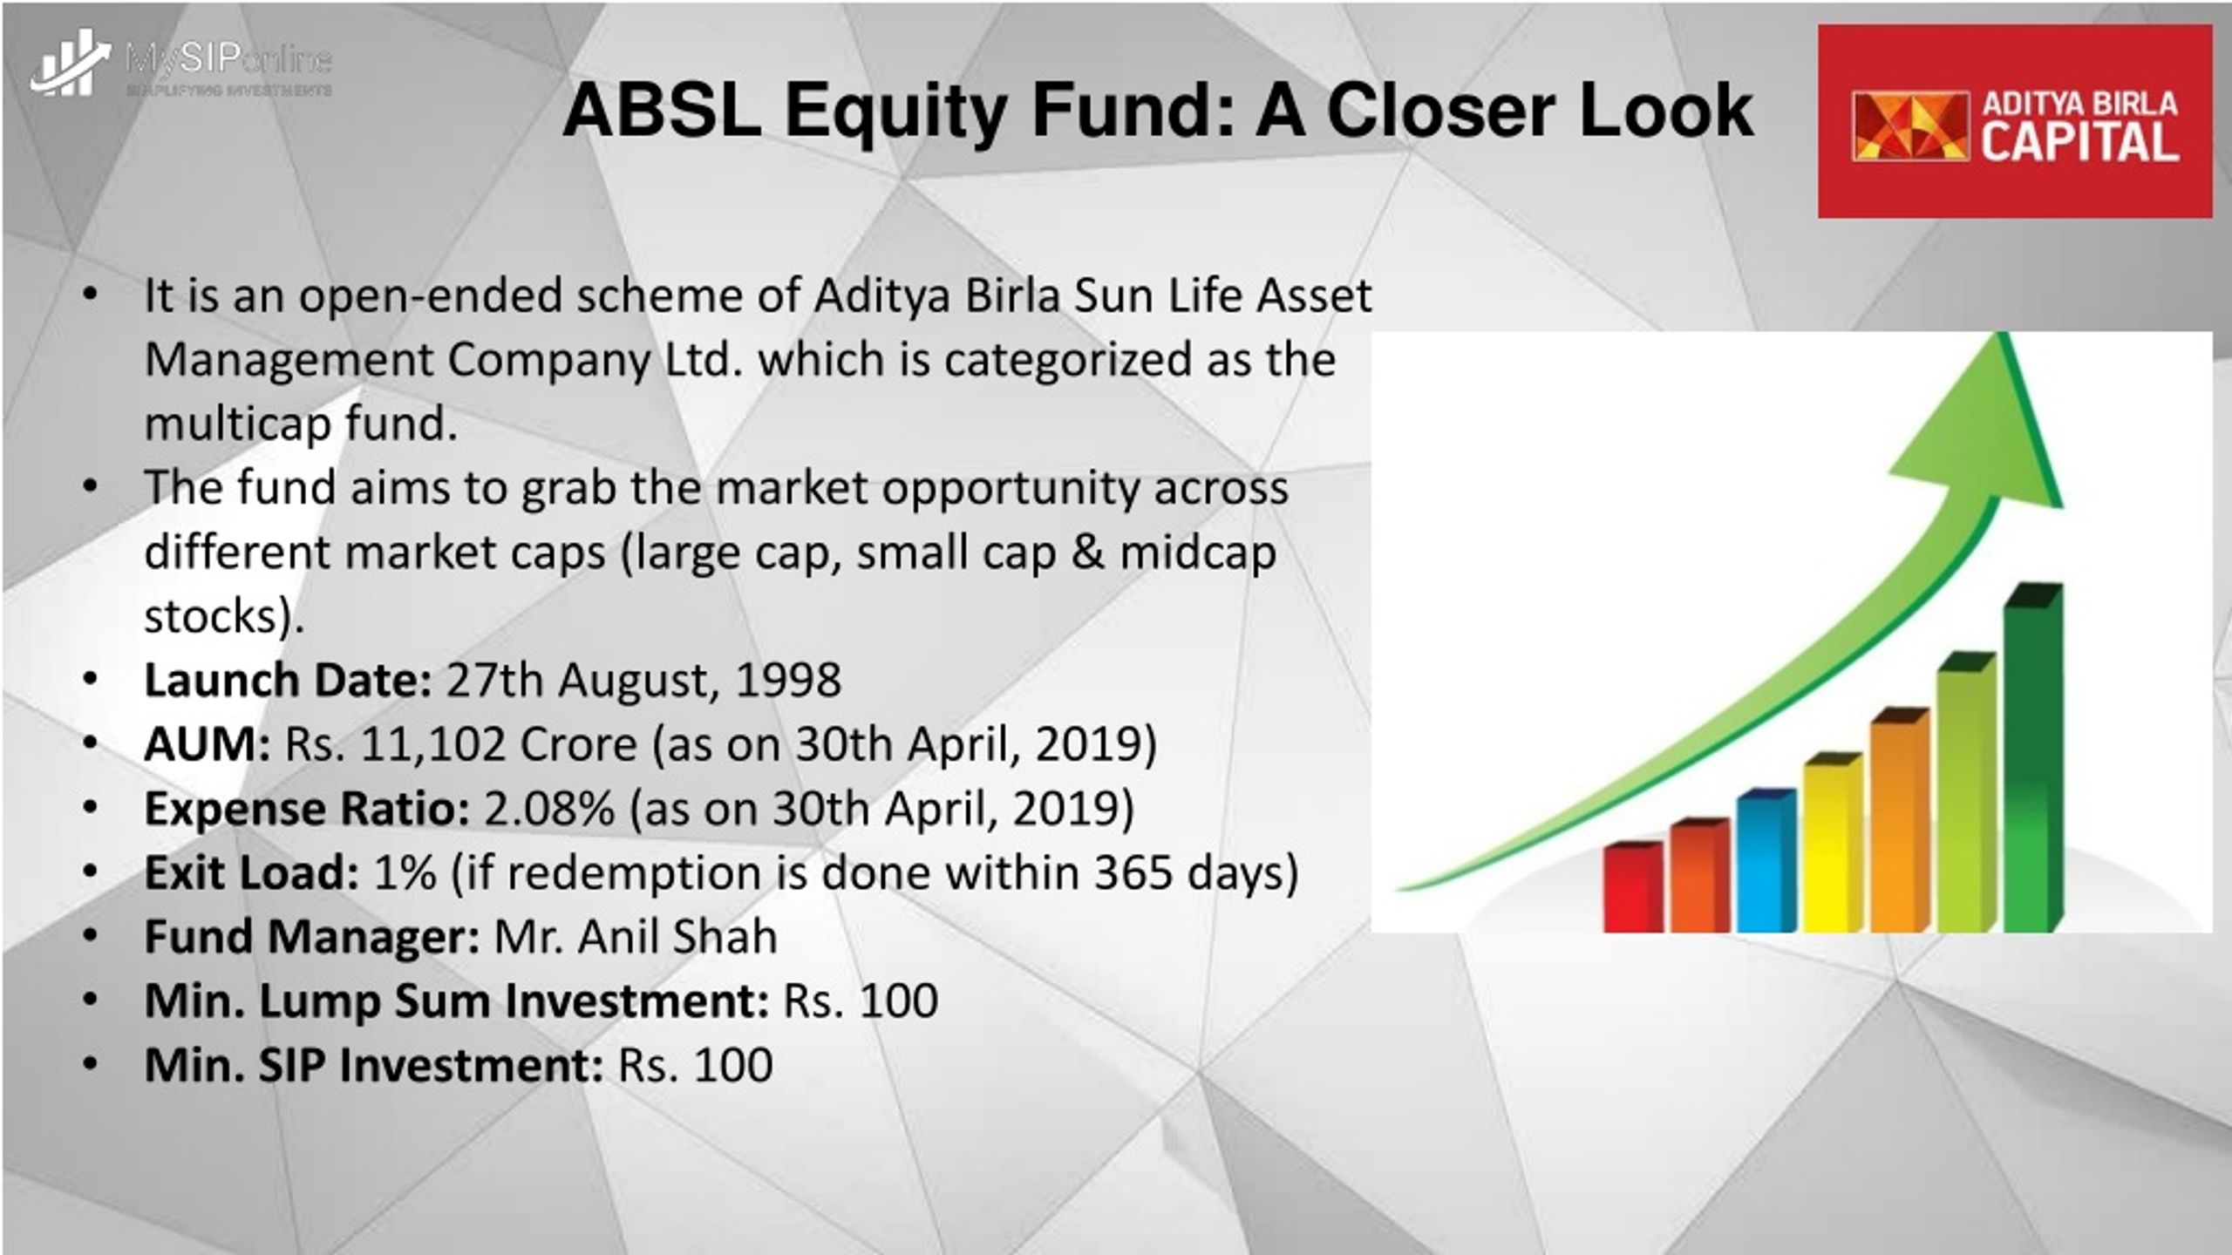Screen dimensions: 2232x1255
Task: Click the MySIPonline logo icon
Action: point(71,63)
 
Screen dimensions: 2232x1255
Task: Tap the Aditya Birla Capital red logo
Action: point(2015,121)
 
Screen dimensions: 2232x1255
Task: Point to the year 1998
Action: point(788,680)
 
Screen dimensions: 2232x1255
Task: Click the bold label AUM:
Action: point(208,744)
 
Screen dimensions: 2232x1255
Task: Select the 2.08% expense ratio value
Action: point(549,809)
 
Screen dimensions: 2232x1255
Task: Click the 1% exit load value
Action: point(405,872)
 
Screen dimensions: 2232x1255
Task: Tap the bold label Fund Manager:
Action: point(312,937)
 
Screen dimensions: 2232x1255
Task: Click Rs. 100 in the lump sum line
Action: point(861,1001)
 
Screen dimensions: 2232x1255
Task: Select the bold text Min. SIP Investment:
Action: point(374,1065)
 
